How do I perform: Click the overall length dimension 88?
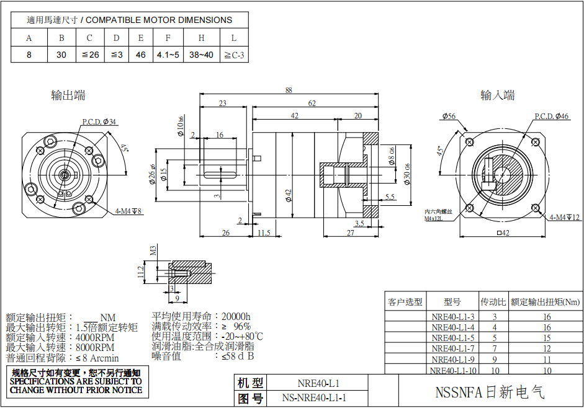(289, 90)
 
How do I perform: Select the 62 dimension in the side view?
(312, 103)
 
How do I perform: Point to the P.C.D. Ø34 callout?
(99, 122)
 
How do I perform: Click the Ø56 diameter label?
(448, 116)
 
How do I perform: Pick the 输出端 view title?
(68, 95)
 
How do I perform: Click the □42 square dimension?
(503, 233)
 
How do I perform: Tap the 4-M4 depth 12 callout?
(564, 217)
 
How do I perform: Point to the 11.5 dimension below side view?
(264, 233)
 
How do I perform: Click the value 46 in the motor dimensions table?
(141, 55)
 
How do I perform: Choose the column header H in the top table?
(202, 38)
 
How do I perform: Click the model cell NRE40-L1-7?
(452, 348)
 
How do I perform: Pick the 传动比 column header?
(494, 302)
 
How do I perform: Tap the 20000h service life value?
(236, 316)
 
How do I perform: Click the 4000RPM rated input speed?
(94, 338)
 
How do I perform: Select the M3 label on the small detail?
(153, 251)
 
